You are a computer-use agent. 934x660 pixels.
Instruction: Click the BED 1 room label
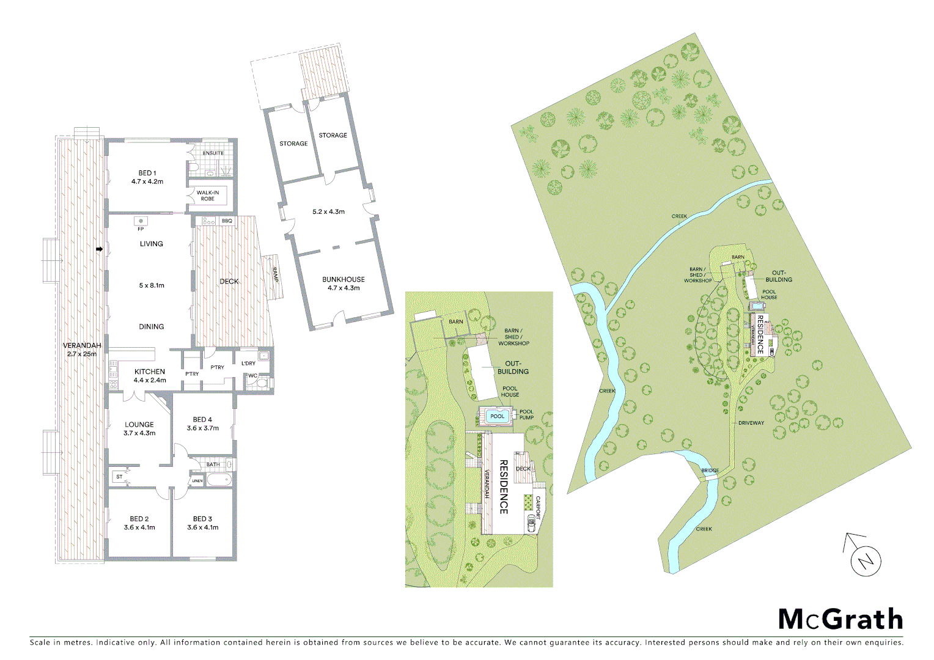pos(147,177)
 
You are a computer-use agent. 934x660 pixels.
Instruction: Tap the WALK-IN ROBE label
pos(207,196)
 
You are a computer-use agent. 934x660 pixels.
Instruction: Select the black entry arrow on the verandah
pos(99,249)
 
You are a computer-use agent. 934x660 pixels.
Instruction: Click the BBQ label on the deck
pos(227,221)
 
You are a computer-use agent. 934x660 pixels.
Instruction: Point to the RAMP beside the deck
pos(275,274)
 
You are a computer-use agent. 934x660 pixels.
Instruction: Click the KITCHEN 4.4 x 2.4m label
pos(150,375)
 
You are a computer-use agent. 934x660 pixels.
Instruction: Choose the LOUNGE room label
pos(139,428)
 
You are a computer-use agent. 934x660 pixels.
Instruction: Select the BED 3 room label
pos(202,523)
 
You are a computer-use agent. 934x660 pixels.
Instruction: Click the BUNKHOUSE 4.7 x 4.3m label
pos(344,284)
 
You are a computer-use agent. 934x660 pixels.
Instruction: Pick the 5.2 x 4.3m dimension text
pos(328,212)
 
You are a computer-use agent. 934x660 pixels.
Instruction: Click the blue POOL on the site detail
pos(498,416)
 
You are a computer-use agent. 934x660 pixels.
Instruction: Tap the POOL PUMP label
pos(526,414)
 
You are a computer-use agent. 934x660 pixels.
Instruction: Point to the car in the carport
pos(531,524)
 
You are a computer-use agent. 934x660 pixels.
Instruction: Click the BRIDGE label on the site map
pos(710,471)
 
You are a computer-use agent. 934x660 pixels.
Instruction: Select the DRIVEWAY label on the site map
pos(751,423)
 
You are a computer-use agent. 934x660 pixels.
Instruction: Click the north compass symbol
pos(865,559)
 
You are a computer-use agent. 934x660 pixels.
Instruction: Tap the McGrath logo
pos(840,619)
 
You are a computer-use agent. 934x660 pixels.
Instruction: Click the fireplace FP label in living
pos(141,229)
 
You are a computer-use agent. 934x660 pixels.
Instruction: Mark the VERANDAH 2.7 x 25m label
pos(82,350)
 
